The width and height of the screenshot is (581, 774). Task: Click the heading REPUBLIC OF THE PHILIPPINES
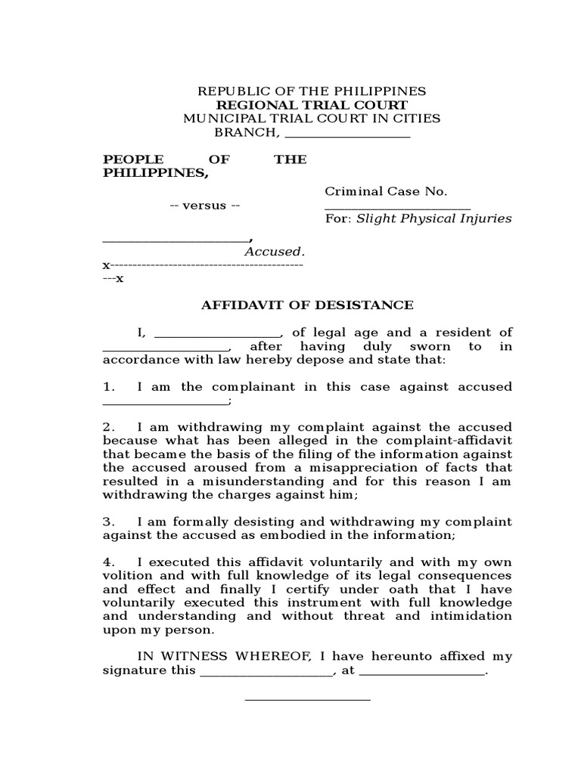click(312, 91)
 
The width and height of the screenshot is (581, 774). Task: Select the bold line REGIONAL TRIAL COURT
click(312, 105)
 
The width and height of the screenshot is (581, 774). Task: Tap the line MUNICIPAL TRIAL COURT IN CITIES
click(312, 119)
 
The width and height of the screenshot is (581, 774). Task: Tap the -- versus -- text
click(204, 206)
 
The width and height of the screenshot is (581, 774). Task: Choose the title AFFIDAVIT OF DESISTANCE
click(306, 305)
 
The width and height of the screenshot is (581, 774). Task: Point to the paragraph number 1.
click(109, 387)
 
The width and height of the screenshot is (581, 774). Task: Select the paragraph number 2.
click(109, 428)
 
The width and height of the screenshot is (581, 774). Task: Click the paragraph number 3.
click(109, 522)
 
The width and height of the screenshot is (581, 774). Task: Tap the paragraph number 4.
click(109, 563)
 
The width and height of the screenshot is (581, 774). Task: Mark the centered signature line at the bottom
click(307, 699)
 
